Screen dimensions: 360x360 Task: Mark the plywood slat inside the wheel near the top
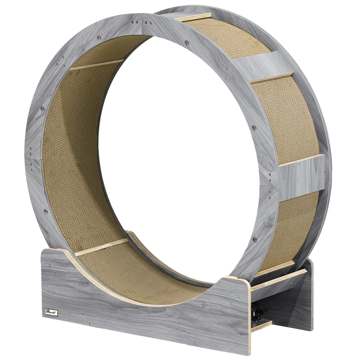point(97,64)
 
